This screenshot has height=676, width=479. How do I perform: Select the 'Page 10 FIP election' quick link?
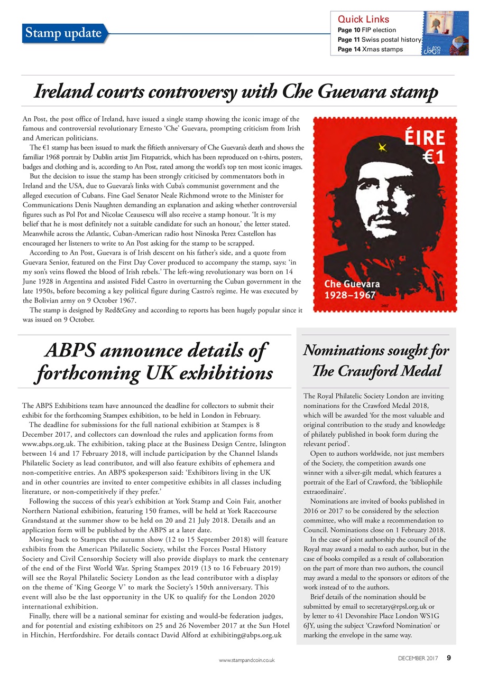[366, 30]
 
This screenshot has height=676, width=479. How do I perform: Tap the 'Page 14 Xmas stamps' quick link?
[370, 49]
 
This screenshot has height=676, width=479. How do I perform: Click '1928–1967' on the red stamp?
[350, 295]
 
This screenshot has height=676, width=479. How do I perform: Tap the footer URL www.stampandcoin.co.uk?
[247, 660]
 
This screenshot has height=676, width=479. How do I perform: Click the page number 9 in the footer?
[449, 658]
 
